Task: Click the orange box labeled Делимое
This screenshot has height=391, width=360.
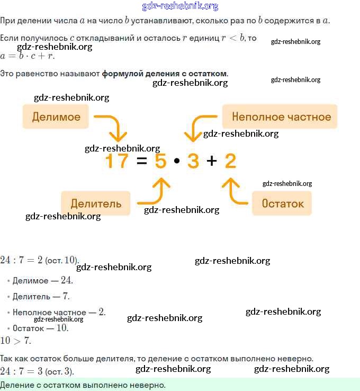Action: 56,117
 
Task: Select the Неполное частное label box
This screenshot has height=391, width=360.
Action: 281,117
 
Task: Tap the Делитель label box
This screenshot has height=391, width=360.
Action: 96,203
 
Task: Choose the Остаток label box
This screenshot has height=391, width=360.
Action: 283,203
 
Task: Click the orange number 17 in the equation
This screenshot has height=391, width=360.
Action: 117,161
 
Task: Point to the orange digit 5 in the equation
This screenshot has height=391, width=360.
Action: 161,161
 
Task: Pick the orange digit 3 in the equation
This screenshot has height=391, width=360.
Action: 193,161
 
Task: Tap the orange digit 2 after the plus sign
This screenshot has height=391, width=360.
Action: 230,161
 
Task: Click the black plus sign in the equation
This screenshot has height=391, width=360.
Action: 212,161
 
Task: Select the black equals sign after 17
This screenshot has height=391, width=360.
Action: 141,161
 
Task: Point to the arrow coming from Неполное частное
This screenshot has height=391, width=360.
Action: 199,128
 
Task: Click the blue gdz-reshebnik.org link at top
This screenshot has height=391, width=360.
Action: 181,6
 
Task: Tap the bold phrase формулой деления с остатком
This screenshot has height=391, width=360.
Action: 165,73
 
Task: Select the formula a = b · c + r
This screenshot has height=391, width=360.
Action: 28,56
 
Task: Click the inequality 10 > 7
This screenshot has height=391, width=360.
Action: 16,341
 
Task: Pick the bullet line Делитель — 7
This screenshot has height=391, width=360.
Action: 41,296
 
